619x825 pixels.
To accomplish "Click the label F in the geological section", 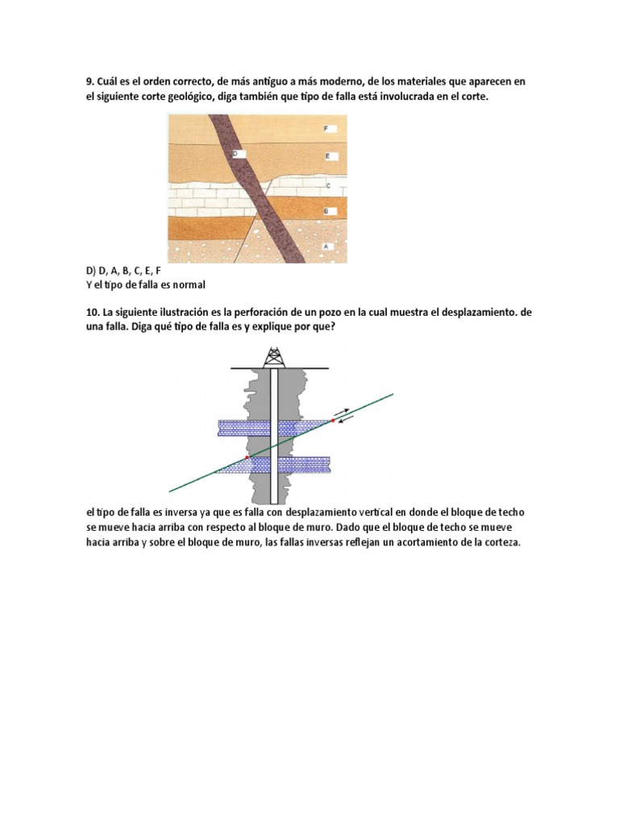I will [326, 129].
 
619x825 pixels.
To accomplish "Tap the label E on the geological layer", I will [327, 155].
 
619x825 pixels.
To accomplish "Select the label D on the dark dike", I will [235, 153].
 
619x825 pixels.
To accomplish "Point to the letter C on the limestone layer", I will [328, 185].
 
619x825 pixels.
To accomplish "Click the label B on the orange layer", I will [326, 211].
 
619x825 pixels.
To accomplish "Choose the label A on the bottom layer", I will [326, 245].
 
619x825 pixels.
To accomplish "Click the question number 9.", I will [89, 82].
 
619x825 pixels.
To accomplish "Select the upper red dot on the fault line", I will [332, 421].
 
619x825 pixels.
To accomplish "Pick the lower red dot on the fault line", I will [247, 457].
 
